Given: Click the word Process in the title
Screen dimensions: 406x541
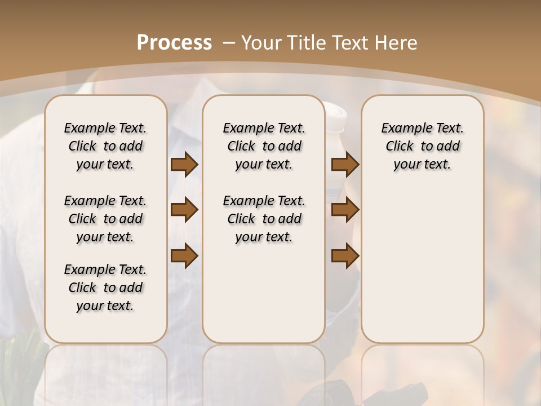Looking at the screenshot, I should click(x=175, y=42).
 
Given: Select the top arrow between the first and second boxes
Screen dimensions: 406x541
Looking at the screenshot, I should click(x=184, y=164).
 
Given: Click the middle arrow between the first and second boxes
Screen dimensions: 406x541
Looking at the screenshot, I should click(x=184, y=210).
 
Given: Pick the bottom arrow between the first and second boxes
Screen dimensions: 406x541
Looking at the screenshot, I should click(x=184, y=255).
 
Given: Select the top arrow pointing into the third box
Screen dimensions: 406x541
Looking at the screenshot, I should click(x=345, y=164).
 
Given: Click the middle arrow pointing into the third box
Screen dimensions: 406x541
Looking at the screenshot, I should click(x=345, y=210).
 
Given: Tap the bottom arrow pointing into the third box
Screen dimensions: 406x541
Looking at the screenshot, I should click(x=345, y=255).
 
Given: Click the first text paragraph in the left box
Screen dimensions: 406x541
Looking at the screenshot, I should click(x=105, y=146).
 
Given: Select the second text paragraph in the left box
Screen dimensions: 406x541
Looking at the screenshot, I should click(x=105, y=219).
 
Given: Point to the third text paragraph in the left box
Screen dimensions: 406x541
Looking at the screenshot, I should click(x=105, y=288).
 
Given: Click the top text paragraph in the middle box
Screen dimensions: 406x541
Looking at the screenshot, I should click(x=264, y=146).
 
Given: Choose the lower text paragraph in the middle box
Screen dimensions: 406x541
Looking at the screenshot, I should click(x=264, y=219).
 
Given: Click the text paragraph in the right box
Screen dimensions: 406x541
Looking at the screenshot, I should click(x=422, y=146).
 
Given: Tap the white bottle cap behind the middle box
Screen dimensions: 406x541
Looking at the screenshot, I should click(x=336, y=113).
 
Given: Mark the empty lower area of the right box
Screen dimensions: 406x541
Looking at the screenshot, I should click(x=422, y=265).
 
